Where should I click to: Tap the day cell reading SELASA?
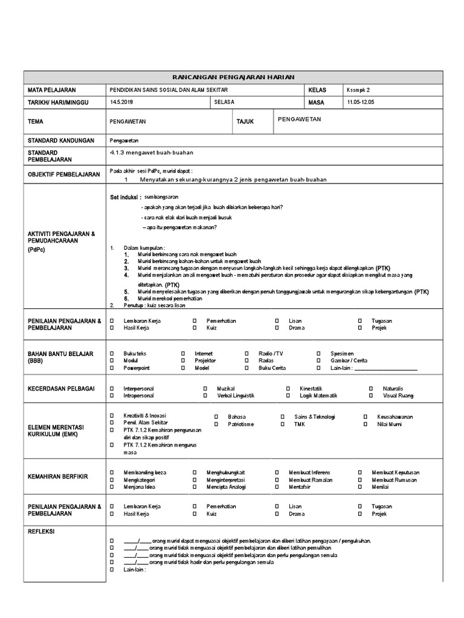(224, 102)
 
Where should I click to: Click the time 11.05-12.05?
(361, 102)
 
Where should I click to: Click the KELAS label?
(317, 90)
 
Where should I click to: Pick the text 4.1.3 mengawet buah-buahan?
(152, 153)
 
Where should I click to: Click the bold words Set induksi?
(125, 197)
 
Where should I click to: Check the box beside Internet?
(182, 353)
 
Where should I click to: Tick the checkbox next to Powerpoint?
(112, 368)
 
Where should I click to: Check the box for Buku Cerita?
(247, 368)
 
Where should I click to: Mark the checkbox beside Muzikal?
(205, 388)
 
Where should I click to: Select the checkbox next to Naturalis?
(371, 388)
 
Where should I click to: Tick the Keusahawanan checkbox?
(365, 417)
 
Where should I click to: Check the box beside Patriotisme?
(216, 424)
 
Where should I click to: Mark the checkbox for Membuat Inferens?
(277, 472)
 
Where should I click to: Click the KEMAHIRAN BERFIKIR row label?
(58, 477)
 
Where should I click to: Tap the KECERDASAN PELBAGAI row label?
(61, 389)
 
